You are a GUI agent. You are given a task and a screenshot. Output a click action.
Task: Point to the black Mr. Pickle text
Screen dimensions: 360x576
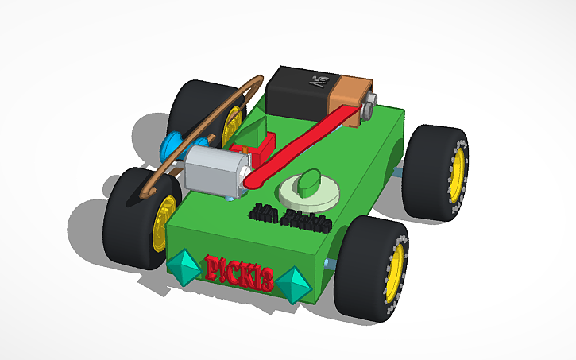(x=290, y=216)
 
